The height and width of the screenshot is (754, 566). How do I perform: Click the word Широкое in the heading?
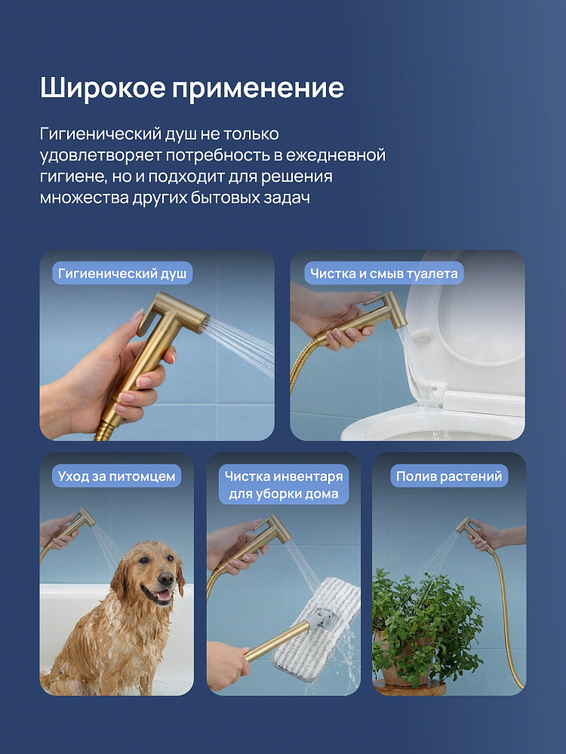pos(103,88)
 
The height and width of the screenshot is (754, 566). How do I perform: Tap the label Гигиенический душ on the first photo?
pos(122,274)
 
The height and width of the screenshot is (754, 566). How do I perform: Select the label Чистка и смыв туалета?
pos(383,274)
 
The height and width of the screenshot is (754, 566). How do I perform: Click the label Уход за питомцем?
pos(116,476)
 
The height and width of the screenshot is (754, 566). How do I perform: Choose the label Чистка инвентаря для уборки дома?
pos(284,485)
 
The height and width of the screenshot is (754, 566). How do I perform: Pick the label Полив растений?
pos(449,476)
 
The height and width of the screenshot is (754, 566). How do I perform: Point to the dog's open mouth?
pos(158,596)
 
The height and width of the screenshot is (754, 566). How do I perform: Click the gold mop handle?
pos(277,642)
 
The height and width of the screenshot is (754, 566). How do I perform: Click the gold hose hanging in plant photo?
pos(508,621)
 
